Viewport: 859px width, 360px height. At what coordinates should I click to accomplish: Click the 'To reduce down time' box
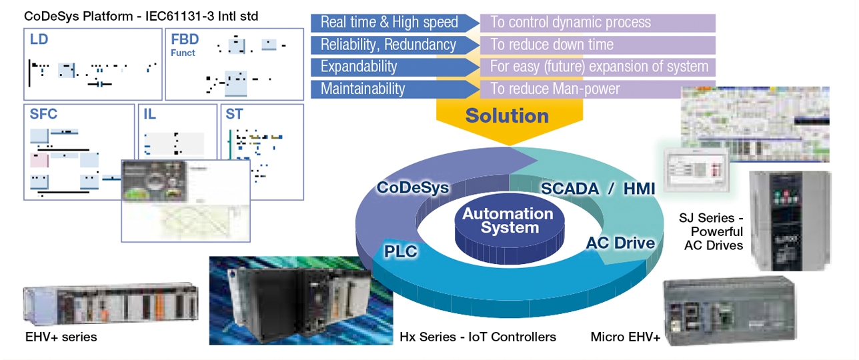coord(597,45)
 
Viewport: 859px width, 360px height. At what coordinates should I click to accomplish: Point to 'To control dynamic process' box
coord(597,23)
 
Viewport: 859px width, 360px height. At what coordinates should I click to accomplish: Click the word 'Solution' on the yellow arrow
coord(507,116)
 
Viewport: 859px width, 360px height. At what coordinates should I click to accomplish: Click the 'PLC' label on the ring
coord(401,251)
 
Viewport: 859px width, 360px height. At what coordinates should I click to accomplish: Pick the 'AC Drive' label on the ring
coord(620,243)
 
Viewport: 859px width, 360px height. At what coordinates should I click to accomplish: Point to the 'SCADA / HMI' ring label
coord(598,189)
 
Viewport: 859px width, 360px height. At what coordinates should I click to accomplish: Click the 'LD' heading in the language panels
coord(39,40)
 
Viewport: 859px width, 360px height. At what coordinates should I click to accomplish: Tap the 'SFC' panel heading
coord(44,115)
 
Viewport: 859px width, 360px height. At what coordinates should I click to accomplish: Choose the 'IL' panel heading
coord(149,115)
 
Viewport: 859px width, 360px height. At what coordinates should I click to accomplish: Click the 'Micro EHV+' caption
coord(625,337)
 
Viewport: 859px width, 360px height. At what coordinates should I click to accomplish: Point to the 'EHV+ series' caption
coord(60,337)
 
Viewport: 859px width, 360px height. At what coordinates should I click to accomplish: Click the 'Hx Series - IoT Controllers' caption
coord(478,337)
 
